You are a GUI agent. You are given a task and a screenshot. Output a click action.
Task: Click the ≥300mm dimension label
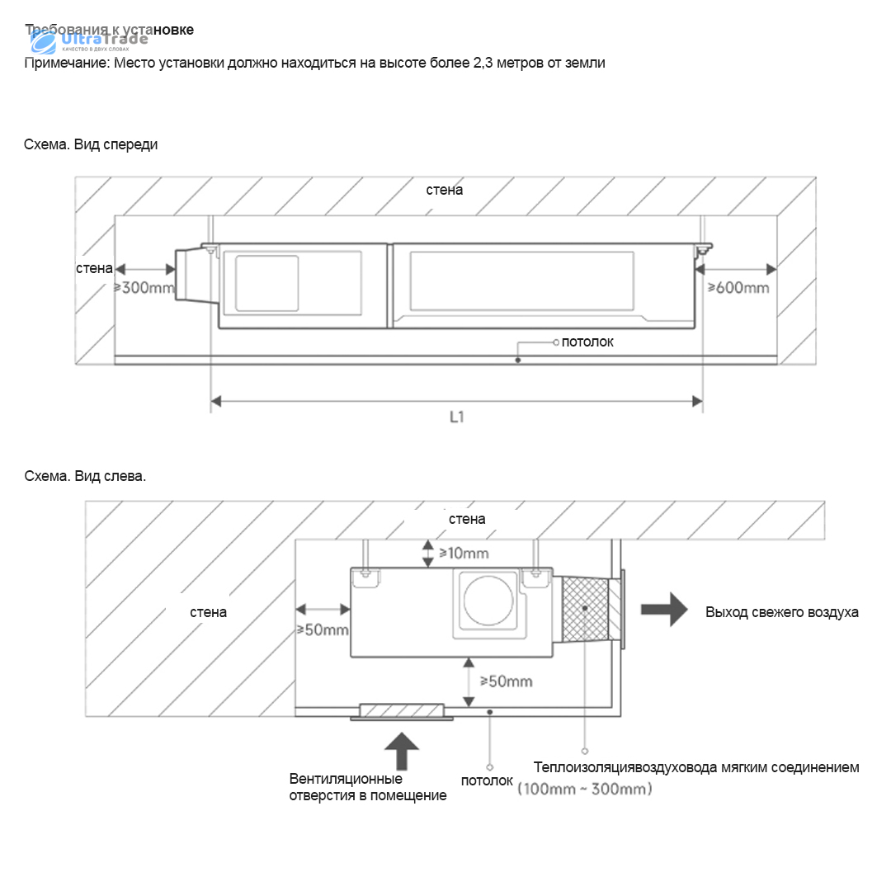pos(144,288)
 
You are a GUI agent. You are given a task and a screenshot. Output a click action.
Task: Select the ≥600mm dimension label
pos(738,287)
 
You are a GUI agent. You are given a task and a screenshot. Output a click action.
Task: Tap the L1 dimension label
pos(456,417)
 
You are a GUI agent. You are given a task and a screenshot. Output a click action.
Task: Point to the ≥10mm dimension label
pos(464,553)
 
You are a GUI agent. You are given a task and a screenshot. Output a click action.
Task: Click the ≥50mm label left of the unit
pos(323,629)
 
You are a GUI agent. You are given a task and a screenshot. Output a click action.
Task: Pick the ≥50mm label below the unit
pos(506,681)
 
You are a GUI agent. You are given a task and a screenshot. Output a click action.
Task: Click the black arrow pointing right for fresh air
pos(665,610)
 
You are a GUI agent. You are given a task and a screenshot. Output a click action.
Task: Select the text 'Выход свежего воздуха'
pos(781,612)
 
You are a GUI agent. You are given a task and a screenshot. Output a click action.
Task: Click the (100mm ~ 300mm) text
pos(585,790)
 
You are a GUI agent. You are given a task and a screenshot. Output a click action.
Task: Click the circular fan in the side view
pos(487,601)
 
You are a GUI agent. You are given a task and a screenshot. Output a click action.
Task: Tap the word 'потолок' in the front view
pos(587,342)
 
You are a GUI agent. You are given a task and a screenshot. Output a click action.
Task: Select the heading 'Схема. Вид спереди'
pos(91,144)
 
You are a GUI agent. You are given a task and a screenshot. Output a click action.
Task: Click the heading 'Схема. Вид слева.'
pos(85,476)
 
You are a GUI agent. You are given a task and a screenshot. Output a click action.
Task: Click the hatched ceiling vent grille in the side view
pos(402,711)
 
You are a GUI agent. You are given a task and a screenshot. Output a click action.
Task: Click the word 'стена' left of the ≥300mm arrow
pos(94,268)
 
